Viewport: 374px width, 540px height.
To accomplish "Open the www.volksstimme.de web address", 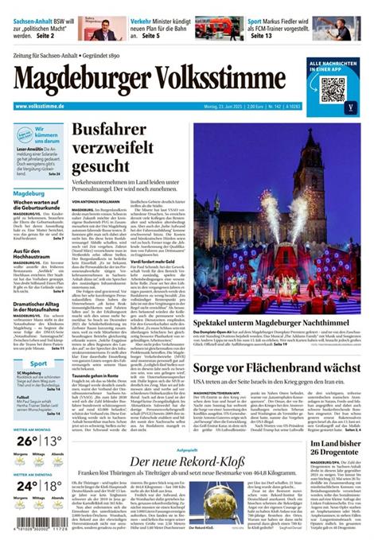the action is pyautogui.click(x=39, y=106).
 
